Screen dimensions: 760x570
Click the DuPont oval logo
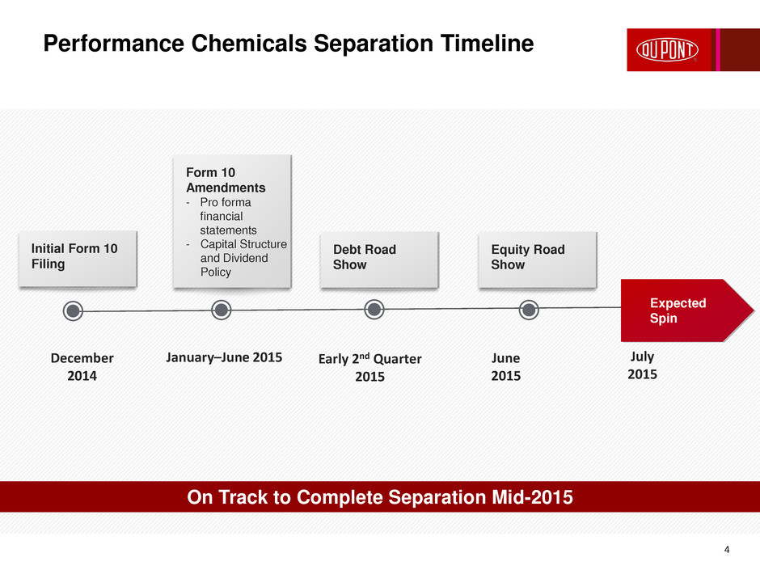(x=667, y=50)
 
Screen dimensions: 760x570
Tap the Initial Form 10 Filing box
(x=78, y=259)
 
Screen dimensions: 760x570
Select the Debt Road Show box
(x=379, y=260)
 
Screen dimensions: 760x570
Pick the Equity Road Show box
(x=538, y=260)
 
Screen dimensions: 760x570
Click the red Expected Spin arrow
(x=686, y=310)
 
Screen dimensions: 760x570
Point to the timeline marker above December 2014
(x=74, y=310)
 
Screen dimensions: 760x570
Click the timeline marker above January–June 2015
(x=222, y=310)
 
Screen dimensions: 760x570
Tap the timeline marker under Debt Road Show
(x=374, y=309)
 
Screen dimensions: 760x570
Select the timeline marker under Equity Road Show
(x=529, y=309)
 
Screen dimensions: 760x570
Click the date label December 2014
(x=82, y=367)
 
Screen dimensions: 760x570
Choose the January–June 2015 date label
(x=224, y=357)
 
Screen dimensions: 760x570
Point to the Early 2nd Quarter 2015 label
(x=369, y=367)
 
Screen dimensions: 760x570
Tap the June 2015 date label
(x=505, y=367)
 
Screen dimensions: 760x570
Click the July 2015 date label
(x=642, y=365)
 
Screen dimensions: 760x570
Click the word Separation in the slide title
(x=374, y=44)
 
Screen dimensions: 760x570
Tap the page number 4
(x=727, y=549)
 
